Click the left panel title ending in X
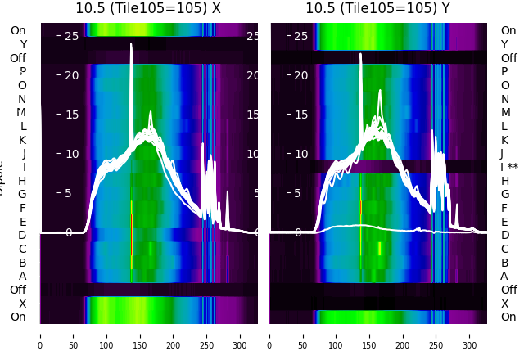(148, 8)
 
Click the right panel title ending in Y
(378, 8)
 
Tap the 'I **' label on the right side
(513, 167)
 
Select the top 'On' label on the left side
(18, 30)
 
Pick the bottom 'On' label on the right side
(508, 317)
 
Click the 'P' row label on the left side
(22, 71)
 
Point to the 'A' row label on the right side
(504, 276)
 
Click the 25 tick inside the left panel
(70, 36)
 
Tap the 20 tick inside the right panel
(300, 75)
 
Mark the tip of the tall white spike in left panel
(131, 45)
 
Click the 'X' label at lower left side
(22, 304)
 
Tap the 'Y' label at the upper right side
(504, 44)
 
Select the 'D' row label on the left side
(22, 235)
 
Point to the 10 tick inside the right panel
(300, 154)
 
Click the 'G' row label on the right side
(504, 194)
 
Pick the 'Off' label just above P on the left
(18, 58)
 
